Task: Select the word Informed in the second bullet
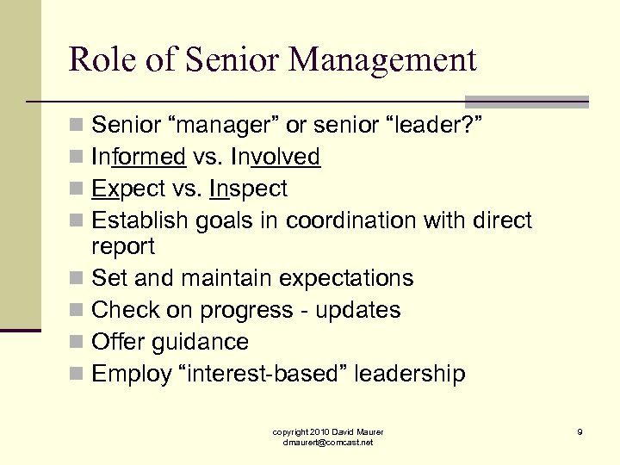[139, 157]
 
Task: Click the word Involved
[275, 157]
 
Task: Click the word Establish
[139, 220]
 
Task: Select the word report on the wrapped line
[123, 247]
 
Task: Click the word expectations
[343, 279]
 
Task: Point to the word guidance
[200, 342]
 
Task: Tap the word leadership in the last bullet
[410, 374]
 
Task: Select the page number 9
[580, 431]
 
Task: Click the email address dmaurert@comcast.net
[328, 442]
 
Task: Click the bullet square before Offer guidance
[77, 343]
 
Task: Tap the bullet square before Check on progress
[77, 311]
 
